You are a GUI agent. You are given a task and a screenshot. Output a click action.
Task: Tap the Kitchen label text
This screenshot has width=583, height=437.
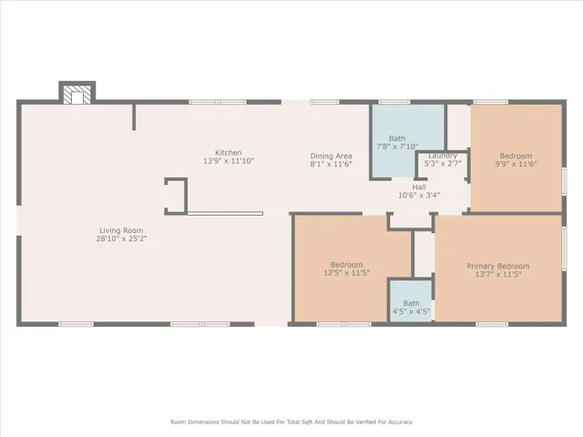point(228,152)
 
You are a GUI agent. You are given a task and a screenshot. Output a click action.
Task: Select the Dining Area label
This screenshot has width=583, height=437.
point(332,156)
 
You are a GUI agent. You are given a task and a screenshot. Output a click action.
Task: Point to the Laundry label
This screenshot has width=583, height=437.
point(443,155)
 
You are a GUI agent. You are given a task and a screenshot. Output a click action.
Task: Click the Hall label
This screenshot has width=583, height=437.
point(419,186)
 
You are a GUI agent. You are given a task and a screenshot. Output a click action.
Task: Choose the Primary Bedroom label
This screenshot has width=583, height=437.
point(498,266)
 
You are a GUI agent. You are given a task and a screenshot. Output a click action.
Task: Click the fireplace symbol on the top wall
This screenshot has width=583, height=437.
point(77,92)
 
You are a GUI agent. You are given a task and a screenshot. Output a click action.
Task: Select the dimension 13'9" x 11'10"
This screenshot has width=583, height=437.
point(228,161)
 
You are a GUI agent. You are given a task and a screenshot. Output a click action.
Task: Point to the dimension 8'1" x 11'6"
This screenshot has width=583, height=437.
point(332,165)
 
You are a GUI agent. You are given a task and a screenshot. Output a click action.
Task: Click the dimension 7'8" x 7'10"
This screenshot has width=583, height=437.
point(397,147)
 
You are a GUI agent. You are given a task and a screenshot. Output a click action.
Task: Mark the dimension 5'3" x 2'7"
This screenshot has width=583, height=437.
point(443,163)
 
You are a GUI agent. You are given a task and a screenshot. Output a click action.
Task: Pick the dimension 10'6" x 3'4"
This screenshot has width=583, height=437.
point(419,195)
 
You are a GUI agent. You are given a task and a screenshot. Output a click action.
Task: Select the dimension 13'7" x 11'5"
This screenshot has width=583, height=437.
point(498,274)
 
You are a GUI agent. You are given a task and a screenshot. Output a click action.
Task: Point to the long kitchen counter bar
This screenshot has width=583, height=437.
point(225,214)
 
